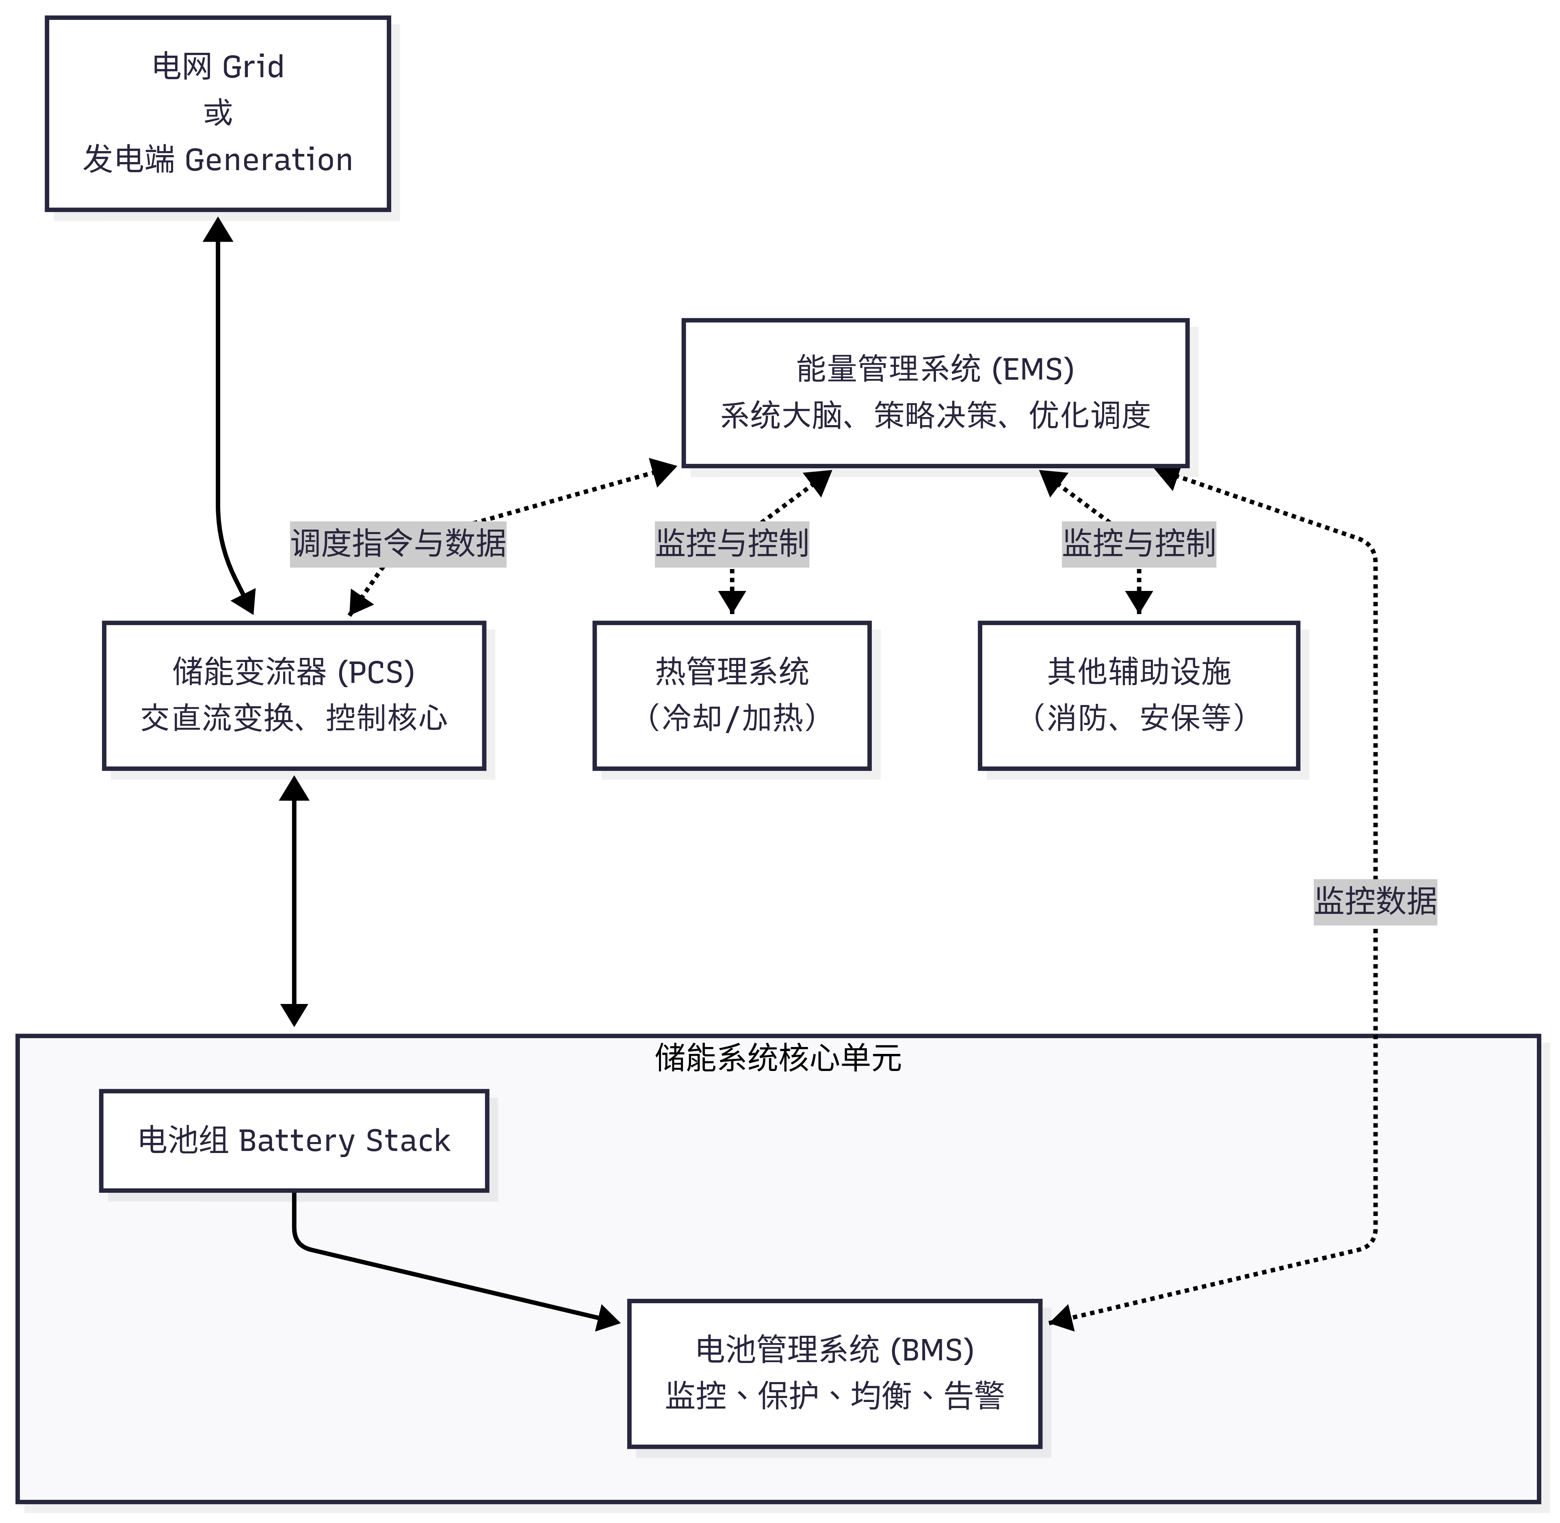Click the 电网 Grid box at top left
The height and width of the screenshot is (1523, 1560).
click(218, 114)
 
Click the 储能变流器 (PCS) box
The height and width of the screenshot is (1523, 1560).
click(294, 695)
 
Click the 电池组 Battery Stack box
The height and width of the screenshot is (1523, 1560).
click(294, 1140)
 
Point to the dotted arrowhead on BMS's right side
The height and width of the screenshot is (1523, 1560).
click(1061, 1317)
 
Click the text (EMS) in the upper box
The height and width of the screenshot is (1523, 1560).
click(1033, 370)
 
